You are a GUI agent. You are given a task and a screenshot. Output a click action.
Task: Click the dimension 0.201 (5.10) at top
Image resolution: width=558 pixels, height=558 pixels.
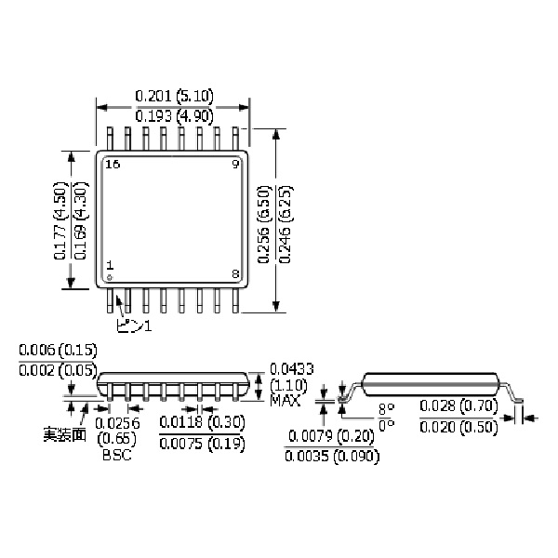tap(174, 95)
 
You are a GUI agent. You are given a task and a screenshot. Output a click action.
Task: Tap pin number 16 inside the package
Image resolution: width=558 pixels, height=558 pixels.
tap(113, 164)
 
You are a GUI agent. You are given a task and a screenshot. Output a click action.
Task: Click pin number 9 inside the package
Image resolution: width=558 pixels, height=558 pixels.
tap(235, 164)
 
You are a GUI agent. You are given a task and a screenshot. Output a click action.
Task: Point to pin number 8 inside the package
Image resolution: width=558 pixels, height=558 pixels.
tap(235, 273)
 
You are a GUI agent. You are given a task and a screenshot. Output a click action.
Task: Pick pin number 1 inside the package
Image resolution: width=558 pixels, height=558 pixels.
tap(109, 265)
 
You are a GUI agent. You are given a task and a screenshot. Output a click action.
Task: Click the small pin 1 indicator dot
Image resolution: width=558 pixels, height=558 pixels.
tap(109, 277)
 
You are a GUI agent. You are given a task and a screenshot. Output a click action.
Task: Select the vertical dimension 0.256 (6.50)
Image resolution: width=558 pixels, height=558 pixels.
tap(264, 219)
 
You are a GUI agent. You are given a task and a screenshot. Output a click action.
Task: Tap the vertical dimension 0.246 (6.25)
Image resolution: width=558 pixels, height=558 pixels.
tap(286, 219)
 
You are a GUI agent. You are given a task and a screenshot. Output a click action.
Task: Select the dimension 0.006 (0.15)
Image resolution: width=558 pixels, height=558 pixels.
tap(58, 351)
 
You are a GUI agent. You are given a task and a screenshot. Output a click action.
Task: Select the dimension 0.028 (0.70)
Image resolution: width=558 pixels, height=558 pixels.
tap(458, 405)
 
